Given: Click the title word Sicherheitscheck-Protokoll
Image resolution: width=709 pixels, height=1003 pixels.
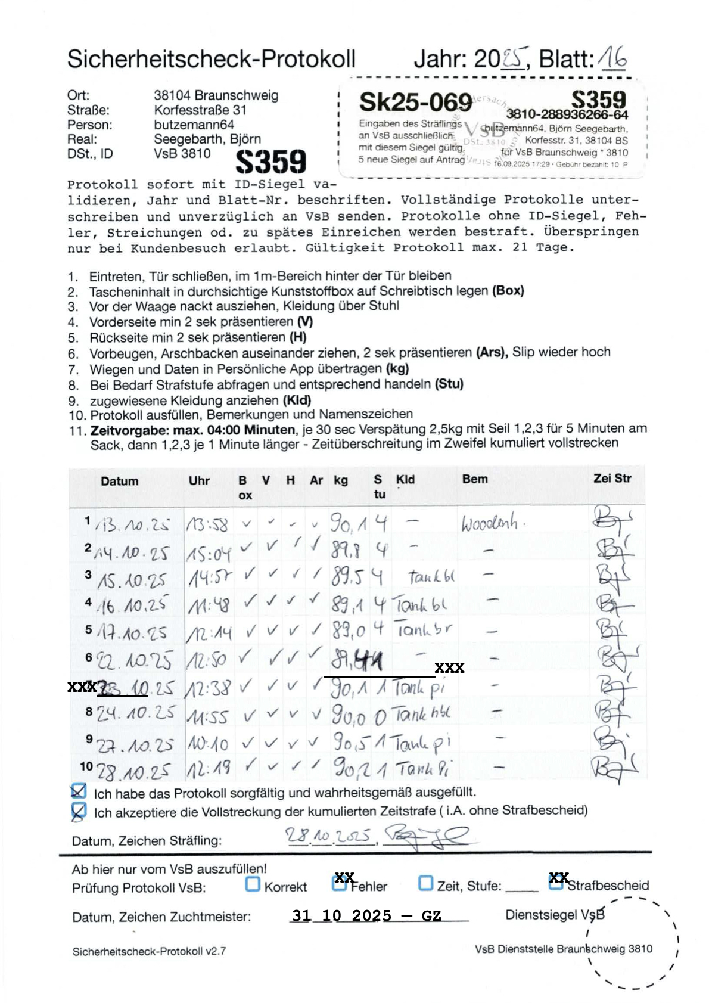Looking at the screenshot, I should point(211,59).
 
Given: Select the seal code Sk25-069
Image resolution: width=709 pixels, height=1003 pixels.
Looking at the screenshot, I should point(415,103).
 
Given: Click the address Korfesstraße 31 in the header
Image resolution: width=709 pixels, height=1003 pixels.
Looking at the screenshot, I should point(200,110).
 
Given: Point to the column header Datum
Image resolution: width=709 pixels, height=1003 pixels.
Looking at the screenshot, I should point(119,481).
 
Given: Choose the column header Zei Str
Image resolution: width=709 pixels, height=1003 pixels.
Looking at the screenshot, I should point(612,478).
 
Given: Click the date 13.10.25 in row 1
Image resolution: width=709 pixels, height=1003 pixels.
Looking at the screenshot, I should point(132,525).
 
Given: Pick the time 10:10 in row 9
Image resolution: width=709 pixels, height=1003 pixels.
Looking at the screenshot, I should point(208,744).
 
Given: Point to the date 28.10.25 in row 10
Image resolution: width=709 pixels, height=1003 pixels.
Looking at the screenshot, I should point(133,772).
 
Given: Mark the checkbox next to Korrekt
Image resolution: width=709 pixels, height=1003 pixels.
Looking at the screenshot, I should point(253,884).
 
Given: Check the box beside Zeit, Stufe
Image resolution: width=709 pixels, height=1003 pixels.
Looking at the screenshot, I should point(425,883).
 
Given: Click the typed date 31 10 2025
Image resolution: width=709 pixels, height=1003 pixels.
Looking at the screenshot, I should point(341,915).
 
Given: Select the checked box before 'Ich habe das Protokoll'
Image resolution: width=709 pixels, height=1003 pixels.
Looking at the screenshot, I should point(78,791).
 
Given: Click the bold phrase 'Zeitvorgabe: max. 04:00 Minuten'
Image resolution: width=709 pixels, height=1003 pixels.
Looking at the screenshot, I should point(192,430).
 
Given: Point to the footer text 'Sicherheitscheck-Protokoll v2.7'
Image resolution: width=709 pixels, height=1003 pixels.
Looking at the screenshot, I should point(149,951).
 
